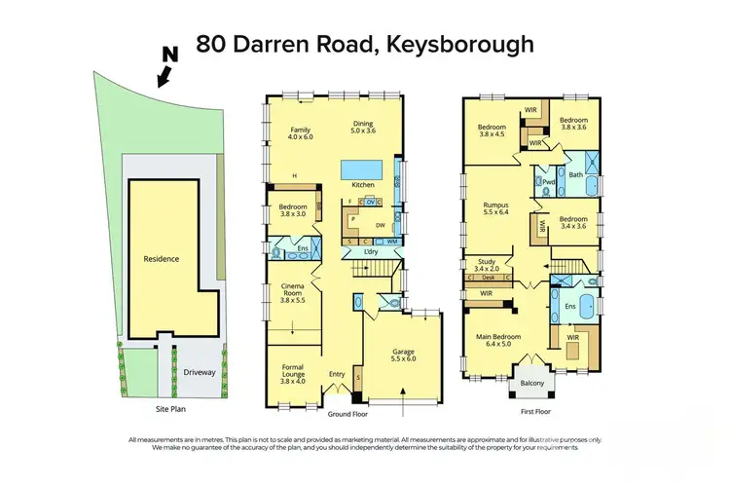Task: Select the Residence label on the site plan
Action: pyautogui.click(x=162, y=260)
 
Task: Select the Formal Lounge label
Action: pyautogui.click(x=293, y=374)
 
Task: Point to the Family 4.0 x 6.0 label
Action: pyautogui.click(x=302, y=131)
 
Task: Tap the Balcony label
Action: pyautogui.click(x=530, y=384)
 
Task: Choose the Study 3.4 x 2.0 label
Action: pyautogui.click(x=485, y=264)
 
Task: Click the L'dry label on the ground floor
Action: pyautogui.click(x=371, y=252)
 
